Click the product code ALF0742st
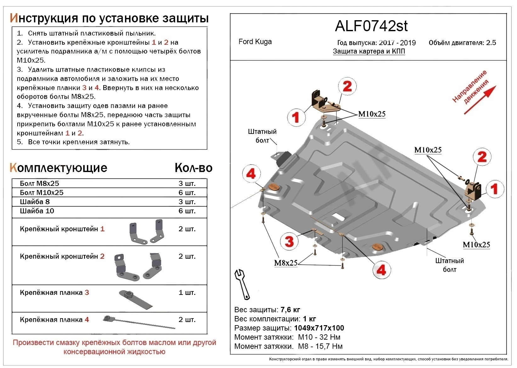tap(371, 26)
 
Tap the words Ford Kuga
tap(255, 42)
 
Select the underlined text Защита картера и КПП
tap(369, 51)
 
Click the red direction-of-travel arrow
tap(480, 100)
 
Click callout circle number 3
tap(289, 242)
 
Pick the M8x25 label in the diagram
tap(286, 263)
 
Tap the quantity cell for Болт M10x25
tap(187, 193)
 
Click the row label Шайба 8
tap(35, 202)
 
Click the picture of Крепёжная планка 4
tap(139, 322)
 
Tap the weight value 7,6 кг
tap(290, 310)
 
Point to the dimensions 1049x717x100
tap(319, 328)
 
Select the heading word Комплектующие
tap(59, 168)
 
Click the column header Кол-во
tap(193, 168)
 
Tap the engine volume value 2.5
tap(491, 43)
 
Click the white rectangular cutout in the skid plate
tap(338, 217)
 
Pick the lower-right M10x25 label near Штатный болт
tap(476, 245)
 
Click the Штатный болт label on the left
tap(262, 136)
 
